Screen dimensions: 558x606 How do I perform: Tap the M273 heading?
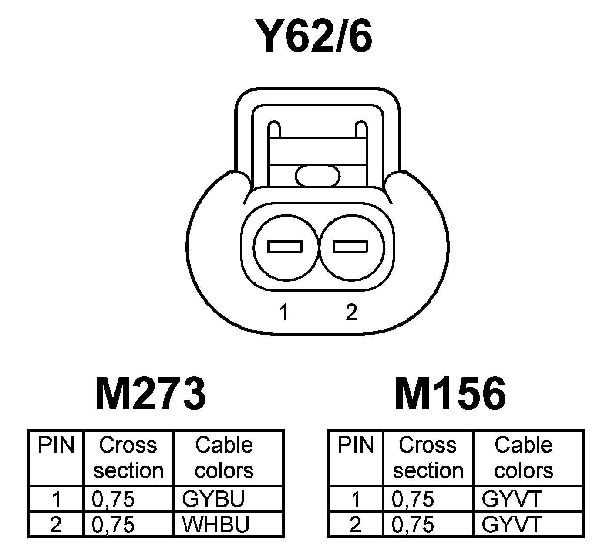pos(150,394)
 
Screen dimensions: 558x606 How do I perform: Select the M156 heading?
pos(450,394)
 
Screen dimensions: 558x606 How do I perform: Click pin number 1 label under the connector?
pos(284,313)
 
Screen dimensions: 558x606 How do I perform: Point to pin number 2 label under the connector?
pos(351,313)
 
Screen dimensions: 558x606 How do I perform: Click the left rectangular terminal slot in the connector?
pos(285,247)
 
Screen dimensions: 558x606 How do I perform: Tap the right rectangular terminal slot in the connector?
pos(350,247)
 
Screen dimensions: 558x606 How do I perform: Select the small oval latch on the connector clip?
pos(317,176)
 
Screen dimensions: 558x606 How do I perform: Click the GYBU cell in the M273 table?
pos(213,499)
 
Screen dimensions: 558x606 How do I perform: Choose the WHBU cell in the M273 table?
pos(215,524)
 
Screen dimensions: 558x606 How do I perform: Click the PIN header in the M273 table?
pos(56,446)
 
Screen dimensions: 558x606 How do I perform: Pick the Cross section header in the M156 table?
pos(428,458)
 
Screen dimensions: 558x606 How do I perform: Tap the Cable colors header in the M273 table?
pos(224,458)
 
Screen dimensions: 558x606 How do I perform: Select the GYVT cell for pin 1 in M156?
pos(511,499)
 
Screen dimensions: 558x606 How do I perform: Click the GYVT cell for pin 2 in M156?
pos(511,524)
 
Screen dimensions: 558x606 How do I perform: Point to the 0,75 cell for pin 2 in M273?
pos(113,524)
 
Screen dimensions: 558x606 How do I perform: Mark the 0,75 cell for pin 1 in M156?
pos(413,499)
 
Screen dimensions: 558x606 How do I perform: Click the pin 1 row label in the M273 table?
pos(56,499)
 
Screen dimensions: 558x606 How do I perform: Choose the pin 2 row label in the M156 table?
pos(356,524)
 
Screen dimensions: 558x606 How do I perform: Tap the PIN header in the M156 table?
pos(356,446)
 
